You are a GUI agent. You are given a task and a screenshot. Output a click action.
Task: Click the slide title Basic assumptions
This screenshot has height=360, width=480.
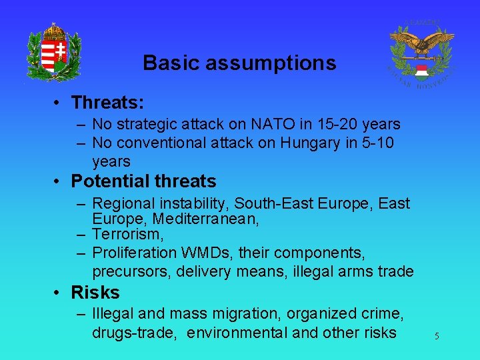coord(239,63)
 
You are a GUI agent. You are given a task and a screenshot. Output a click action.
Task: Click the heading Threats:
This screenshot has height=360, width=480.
coord(108,103)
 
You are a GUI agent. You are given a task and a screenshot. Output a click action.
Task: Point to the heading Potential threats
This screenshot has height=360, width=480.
coord(143,181)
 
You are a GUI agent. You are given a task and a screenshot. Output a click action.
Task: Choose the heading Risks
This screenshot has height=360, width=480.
coord(95,293)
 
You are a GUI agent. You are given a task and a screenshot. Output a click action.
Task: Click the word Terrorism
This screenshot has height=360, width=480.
coord(128,235)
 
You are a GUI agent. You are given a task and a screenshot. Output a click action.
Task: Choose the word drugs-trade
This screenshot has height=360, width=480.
coord(135,333)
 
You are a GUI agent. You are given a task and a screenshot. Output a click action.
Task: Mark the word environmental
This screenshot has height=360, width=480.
coord(237,333)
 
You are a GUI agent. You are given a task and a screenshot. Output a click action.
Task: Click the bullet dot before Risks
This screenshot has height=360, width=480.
coord(59,293)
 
